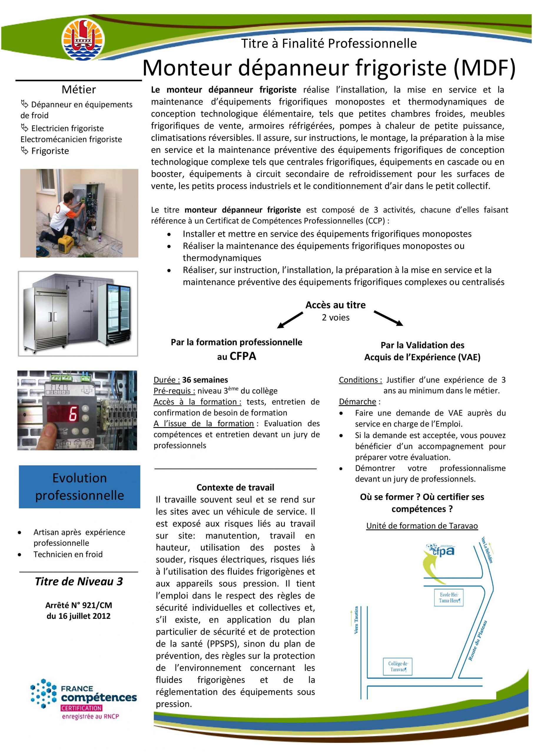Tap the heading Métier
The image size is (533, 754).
point(79,89)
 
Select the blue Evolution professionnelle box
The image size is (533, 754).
point(79,487)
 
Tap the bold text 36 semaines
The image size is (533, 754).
point(205,380)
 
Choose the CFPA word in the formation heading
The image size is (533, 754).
point(243,356)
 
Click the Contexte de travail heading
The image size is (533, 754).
point(235,487)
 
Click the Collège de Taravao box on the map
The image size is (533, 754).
point(398,666)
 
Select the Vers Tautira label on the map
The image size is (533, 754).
point(356,620)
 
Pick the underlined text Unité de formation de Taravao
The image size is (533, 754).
point(422,526)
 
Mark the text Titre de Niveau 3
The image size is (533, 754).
point(79,582)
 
